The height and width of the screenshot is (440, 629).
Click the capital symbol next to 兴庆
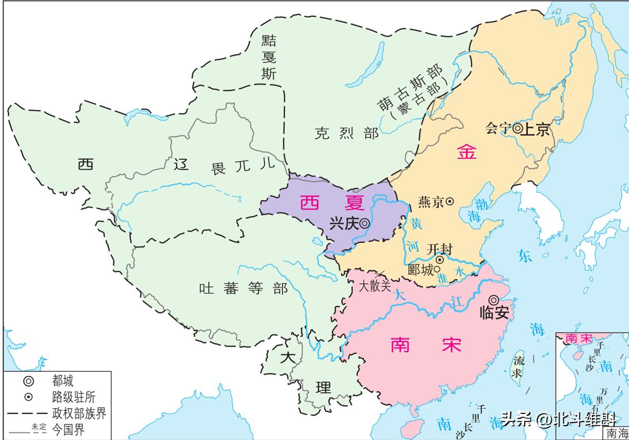pos(364,223)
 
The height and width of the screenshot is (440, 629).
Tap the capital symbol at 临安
pos(493,300)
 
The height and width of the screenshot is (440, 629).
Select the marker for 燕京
pos(450,202)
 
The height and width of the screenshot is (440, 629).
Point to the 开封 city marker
pos(439,260)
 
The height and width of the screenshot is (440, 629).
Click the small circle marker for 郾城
pos(437,269)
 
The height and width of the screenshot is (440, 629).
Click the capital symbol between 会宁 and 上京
pos(517,129)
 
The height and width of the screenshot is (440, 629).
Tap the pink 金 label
pos(467,152)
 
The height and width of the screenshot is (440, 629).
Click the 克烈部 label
pos(347,134)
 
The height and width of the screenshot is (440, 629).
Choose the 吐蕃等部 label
pos(243,288)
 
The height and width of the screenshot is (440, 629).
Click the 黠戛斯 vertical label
pos(269,57)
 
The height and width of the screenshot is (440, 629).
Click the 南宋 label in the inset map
pos(577,339)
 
